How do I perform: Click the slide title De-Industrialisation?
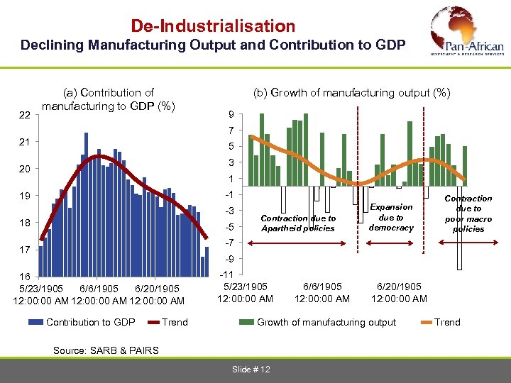tap(213, 26)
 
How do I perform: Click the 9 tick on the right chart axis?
tap(231, 116)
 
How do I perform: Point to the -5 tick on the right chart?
tap(229, 227)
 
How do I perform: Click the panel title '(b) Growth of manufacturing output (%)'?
tap(351, 93)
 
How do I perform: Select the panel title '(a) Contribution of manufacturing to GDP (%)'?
tap(109, 99)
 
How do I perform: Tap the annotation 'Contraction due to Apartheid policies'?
tap(298, 223)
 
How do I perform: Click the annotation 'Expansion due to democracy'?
tap(391, 217)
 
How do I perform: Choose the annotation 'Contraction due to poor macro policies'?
tap(468, 213)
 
